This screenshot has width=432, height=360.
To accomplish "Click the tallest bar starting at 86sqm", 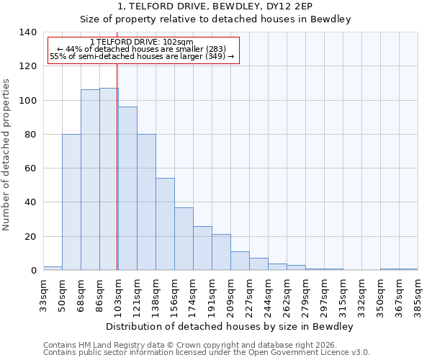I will tap(109, 179).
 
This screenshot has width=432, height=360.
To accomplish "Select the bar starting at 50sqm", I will tap(71, 202).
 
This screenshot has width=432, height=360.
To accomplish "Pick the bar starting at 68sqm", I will tap(90, 180).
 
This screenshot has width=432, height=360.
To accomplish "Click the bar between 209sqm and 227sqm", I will tap(240, 261).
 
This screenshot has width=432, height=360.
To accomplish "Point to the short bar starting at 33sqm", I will tap(53, 268).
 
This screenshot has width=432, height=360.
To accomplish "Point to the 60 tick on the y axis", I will tap(30, 168).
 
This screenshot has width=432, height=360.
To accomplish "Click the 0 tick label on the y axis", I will tap(33, 271).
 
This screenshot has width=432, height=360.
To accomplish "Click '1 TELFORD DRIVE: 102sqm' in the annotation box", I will tap(142, 42).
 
